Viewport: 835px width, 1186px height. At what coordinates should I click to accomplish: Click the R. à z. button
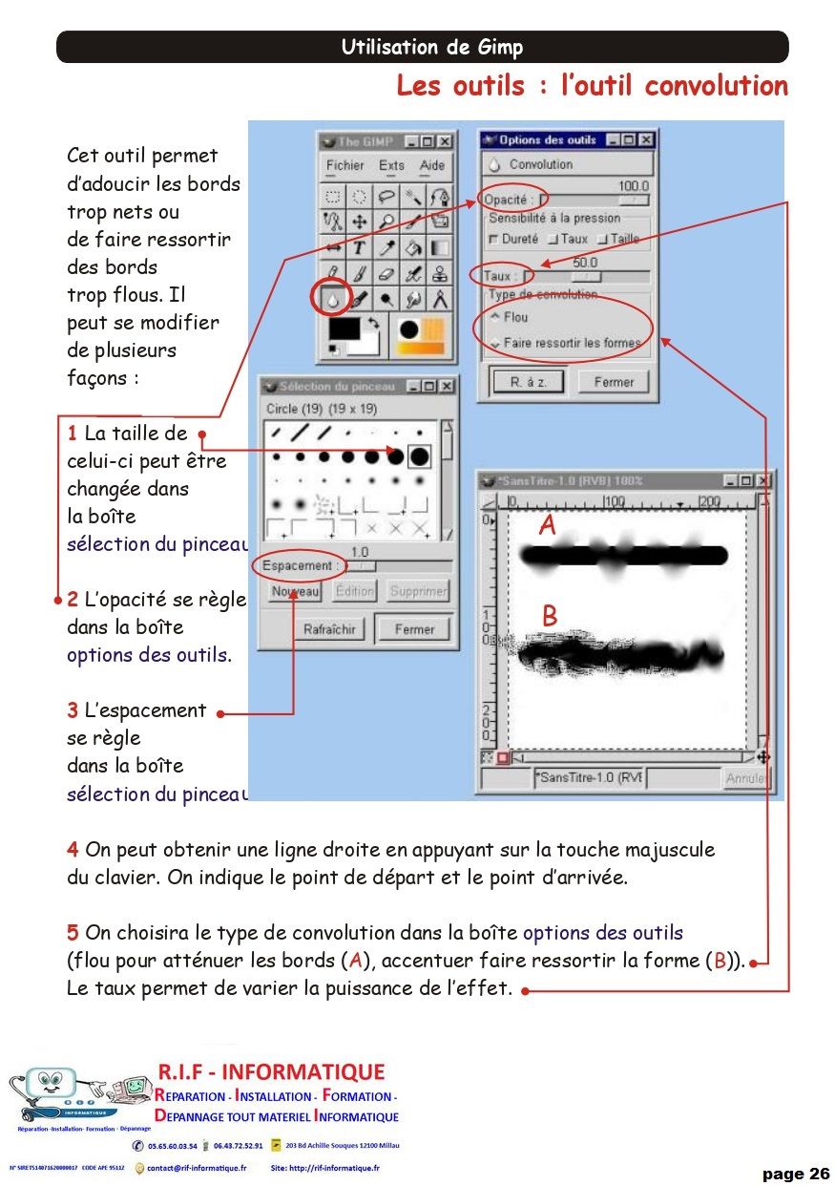coord(529,382)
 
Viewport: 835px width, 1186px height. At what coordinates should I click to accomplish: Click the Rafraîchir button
coord(329,629)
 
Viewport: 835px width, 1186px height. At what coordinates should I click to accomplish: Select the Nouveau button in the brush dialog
coord(295,591)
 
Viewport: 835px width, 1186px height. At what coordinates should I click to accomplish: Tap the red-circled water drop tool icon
coord(331,299)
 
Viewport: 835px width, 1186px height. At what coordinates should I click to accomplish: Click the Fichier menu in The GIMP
coord(344,165)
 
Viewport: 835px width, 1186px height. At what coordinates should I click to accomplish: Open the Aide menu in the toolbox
coord(432,165)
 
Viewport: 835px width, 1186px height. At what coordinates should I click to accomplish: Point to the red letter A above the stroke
coord(547,525)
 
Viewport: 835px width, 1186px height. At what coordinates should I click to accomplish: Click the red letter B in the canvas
coord(549,617)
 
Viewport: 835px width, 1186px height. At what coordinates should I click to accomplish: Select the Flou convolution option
coord(514,317)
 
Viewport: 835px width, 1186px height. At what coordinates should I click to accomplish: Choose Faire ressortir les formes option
coord(571,342)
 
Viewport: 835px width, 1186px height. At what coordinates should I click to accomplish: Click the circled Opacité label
coord(506,200)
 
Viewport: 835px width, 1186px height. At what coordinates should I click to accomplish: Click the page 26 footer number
coord(796,1174)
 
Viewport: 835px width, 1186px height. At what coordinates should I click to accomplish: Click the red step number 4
coord(73,849)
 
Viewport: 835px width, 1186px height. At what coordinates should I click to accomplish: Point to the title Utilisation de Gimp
coord(431,48)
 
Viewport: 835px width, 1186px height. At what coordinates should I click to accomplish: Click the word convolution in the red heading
coord(716,86)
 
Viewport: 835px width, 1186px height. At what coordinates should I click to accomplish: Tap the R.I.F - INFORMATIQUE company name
coord(271,1072)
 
